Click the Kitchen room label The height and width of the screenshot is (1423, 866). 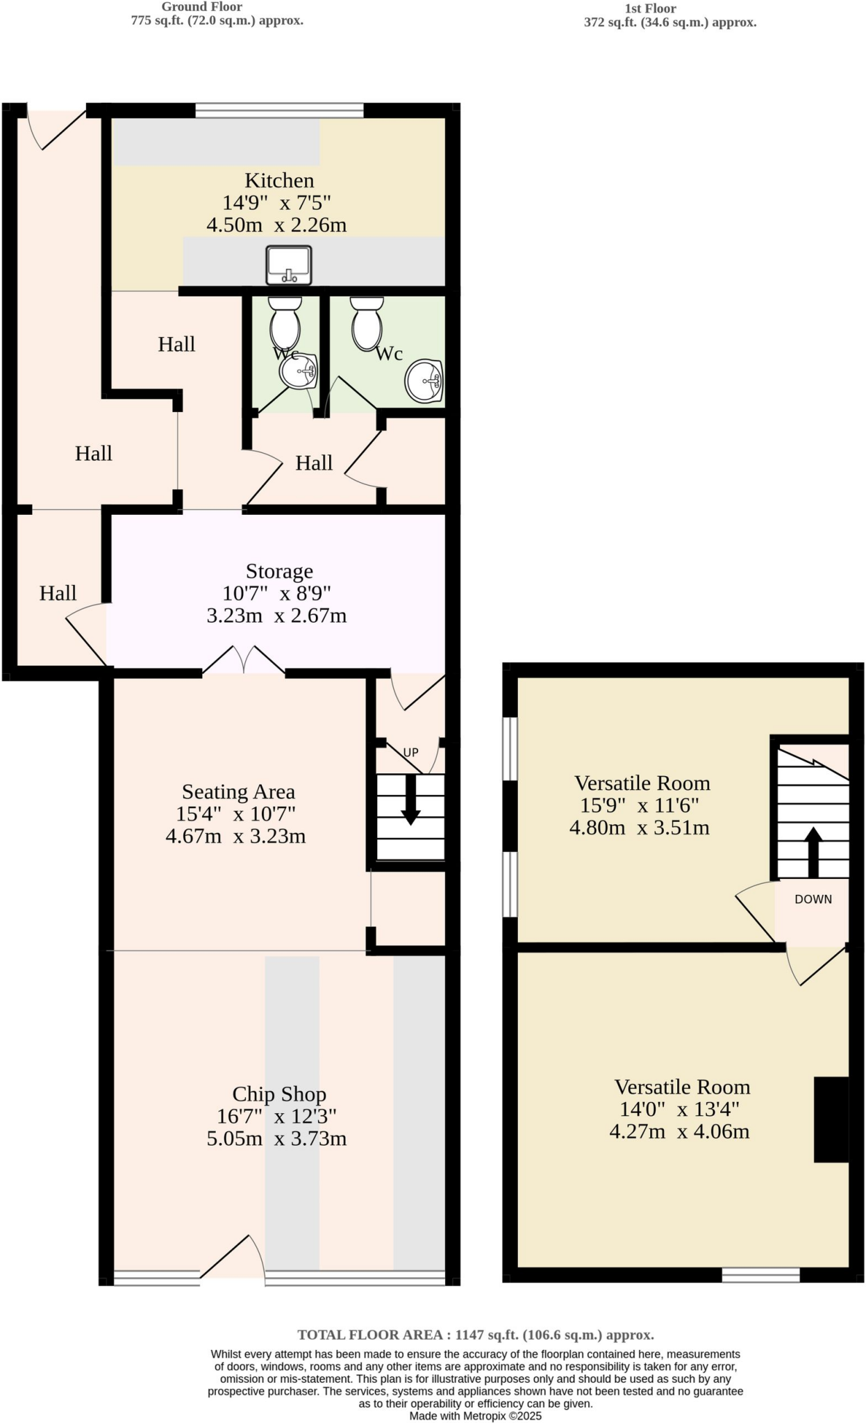click(x=279, y=181)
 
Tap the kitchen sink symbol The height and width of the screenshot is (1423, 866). click(x=289, y=265)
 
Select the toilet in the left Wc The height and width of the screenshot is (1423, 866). click(x=285, y=322)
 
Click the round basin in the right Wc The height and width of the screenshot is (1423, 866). click(x=424, y=381)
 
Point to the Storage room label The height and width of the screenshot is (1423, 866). click(x=279, y=571)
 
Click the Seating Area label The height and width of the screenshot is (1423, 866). click(x=238, y=791)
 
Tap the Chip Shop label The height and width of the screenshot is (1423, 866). click(x=279, y=1094)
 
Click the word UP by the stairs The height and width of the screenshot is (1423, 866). click(x=411, y=752)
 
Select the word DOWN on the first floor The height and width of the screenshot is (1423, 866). click(x=813, y=899)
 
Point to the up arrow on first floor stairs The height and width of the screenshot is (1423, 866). click(x=813, y=851)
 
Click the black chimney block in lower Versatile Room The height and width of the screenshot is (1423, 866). click(x=831, y=1119)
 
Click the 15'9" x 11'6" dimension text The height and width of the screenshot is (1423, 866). click(x=639, y=805)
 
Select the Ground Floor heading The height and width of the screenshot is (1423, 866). click(x=202, y=7)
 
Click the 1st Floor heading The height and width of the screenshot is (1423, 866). click(x=650, y=8)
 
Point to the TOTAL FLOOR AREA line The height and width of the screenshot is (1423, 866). click(x=476, y=1335)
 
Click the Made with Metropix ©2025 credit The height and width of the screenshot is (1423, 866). click(x=476, y=1415)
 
